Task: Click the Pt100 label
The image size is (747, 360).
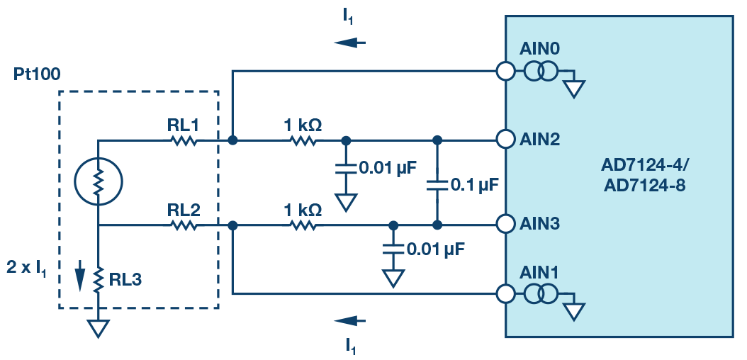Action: coord(37,74)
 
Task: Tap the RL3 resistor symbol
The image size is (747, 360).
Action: coord(99,279)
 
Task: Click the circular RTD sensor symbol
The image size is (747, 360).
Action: coord(99,183)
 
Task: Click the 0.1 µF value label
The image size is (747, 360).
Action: coord(476,186)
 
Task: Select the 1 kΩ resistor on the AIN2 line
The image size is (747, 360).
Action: coord(303,140)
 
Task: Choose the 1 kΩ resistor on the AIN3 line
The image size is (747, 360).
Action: coord(303,225)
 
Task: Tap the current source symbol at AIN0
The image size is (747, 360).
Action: coord(541,72)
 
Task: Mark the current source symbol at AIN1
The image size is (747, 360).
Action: coord(541,293)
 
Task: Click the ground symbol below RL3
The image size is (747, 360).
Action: coord(99,327)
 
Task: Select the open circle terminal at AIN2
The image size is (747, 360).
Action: coord(505,140)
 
